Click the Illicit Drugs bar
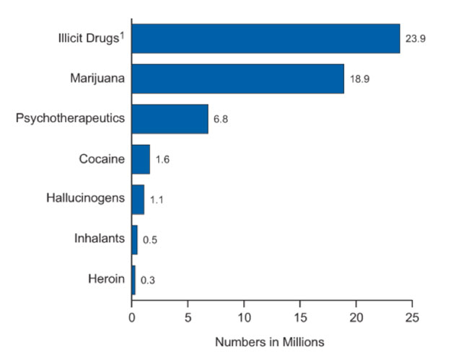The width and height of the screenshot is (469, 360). [x=266, y=38]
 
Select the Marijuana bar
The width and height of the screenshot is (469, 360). [x=237, y=79]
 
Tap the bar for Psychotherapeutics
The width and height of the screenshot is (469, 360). [x=170, y=118]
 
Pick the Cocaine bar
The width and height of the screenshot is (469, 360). [x=141, y=159]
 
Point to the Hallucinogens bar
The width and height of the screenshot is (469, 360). [x=138, y=199]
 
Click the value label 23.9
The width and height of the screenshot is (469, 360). [x=416, y=39]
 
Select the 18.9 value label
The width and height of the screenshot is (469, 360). [x=360, y=79]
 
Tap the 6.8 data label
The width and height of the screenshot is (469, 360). [x=221, y=119]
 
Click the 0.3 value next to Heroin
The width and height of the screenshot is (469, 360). [x=148, y=279]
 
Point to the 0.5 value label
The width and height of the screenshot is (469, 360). [x=150, y=240]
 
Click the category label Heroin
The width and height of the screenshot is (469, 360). [x=107, y=278]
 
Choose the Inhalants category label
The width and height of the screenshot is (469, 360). [x=100, y=238]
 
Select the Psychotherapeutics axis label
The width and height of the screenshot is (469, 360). [x=71, y=118]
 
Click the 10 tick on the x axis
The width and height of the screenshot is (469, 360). [x=244, y=316]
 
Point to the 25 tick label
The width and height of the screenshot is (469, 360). [x=412, y=316]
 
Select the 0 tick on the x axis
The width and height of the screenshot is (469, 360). [x=132, y=316]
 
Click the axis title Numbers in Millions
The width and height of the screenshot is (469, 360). [x=270, y=341]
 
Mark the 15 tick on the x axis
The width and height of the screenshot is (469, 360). [x=300, y=316]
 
